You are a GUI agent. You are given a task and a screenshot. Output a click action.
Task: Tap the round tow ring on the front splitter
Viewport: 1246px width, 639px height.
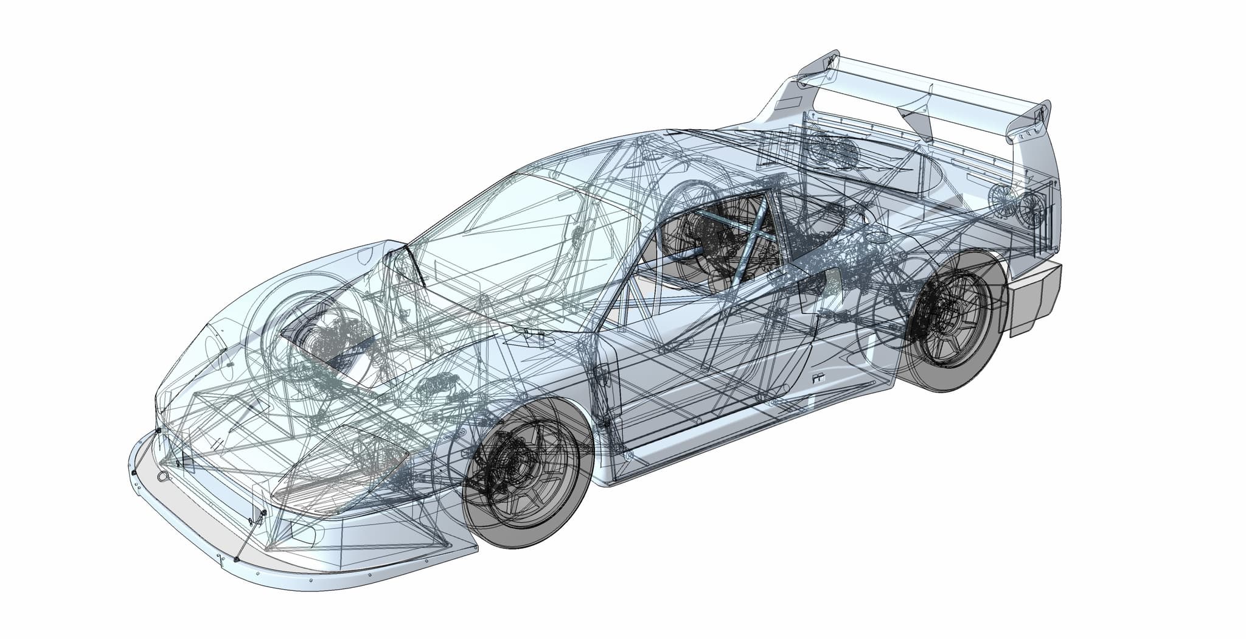coord(164,477)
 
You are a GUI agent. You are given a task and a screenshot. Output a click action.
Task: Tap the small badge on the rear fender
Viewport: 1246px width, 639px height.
coord(817,379)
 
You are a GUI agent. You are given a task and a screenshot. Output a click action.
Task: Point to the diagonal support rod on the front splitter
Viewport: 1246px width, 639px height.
coord(249,536)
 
